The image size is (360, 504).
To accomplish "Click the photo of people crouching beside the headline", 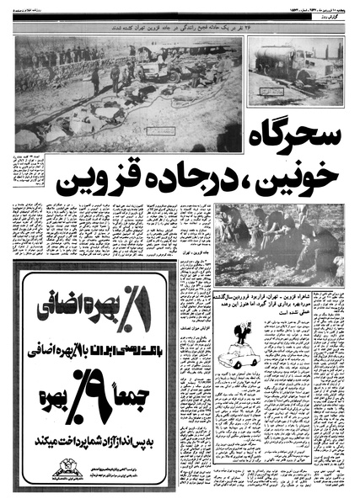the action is [278, 244].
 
